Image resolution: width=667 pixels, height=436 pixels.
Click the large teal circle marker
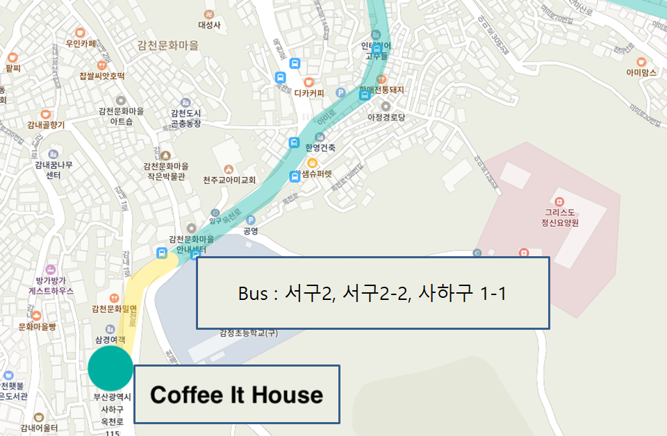coord(110,368)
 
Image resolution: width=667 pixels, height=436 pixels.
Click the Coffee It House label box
coord(236,394)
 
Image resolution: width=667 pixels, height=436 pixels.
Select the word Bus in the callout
coord(253,294)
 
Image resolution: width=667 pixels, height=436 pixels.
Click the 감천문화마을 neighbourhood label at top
coord(167,45)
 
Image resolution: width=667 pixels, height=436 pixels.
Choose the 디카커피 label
coord(309,92)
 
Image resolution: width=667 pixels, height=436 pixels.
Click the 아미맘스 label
coord(641,72)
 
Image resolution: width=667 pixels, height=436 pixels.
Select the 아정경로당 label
coord(386,117)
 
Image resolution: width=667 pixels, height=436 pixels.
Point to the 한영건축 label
coord(320,147)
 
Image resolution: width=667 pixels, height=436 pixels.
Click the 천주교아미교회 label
coord(229,180)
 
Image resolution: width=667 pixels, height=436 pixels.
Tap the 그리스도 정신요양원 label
coord(562,218)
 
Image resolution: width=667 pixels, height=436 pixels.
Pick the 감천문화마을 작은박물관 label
coord(165,171)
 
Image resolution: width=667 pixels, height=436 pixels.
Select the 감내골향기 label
coord(46,125)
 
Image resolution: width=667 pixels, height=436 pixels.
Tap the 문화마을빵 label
coord(37,326)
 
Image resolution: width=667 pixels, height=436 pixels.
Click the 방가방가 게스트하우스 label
coord(51,287)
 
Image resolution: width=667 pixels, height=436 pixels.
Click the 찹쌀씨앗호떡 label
coord(101,76)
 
